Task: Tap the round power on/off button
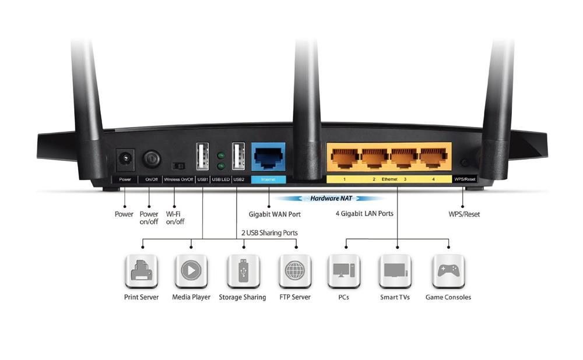[152, 157]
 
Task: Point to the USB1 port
[202, 157]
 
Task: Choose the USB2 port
[238, 157]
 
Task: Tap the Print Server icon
[142, 270]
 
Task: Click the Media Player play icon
[191, 270]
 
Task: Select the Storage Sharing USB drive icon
[243, 270]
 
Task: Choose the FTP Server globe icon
[295, 270]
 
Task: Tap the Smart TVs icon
[395, 270]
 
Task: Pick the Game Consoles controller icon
[448, 270]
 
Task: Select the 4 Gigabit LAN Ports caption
[364, 214]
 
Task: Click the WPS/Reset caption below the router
[460, 214]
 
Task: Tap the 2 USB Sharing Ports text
[269, 233]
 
